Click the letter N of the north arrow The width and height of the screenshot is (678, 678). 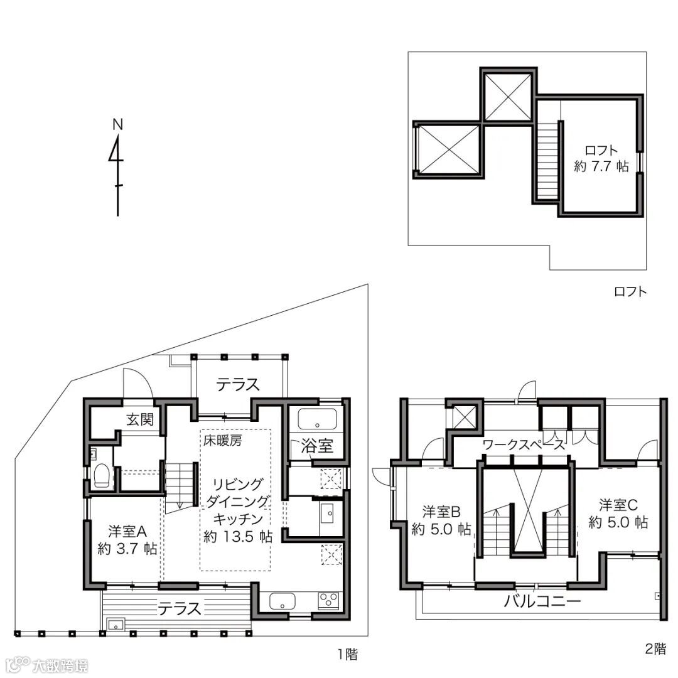click(117, 124)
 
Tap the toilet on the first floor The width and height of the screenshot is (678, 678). click(101, 476)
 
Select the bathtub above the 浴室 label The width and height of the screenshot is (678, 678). click(318, 419)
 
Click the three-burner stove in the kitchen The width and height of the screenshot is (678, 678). click(329, 600)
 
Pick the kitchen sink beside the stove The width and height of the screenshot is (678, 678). click(282, 601)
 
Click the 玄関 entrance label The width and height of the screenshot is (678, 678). click(140, 419)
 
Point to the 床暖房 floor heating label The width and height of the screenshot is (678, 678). click(223, 441)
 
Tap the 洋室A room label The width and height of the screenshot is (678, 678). click(127, 531)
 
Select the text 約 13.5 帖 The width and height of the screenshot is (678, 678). click(238, 537)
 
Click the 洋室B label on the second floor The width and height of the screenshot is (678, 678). click(441, 512)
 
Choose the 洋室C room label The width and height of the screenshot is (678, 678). click(618, 505)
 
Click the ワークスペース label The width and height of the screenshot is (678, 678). click(524, 444)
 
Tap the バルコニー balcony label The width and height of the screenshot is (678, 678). click(542, 601)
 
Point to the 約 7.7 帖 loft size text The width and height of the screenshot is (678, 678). click(601, 166)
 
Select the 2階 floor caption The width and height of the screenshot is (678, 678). click(655, 648)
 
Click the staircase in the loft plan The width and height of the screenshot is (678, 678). click(547, 161)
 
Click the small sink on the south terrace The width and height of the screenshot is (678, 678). click(116, 625)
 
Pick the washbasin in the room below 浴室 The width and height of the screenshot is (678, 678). click(327, 513)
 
